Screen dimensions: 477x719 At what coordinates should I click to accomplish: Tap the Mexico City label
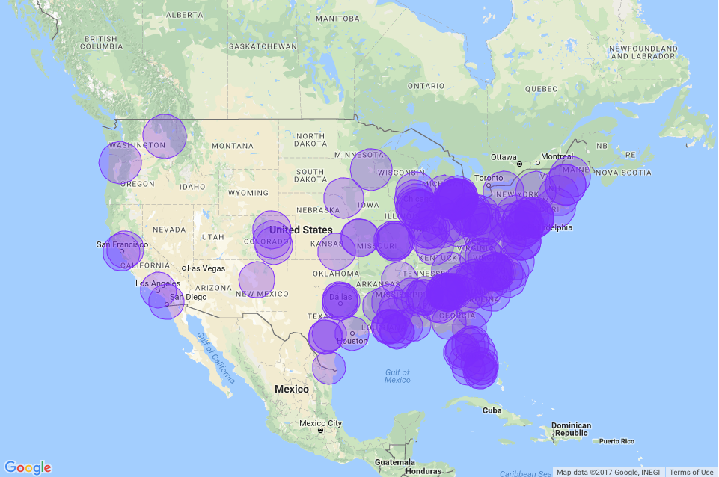(x=321, y=423)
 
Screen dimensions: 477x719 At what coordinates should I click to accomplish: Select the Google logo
(x=28, y=467)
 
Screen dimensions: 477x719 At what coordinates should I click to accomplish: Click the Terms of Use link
(x=691, y=472)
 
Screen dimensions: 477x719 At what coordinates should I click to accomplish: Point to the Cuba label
(x=491, y=410)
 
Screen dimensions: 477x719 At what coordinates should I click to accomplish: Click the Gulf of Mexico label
(x=397, y=376)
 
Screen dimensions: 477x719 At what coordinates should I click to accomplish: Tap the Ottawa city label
(x=504, y=156)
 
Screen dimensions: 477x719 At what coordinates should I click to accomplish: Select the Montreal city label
(x=557, y=156)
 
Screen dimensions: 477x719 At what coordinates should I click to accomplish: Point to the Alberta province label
(x=184, y=15)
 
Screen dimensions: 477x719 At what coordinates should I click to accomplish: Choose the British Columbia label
(x=100, y=43)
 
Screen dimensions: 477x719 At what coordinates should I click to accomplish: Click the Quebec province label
(x=542, y=88)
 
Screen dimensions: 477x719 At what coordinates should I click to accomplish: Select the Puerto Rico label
(x=616, y=441)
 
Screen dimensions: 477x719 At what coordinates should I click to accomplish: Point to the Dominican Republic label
(x=572, y=429)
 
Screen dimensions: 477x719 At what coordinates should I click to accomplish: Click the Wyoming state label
(x=248, y=193)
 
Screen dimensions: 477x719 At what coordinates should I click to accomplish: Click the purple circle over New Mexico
(x=257, y=280)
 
